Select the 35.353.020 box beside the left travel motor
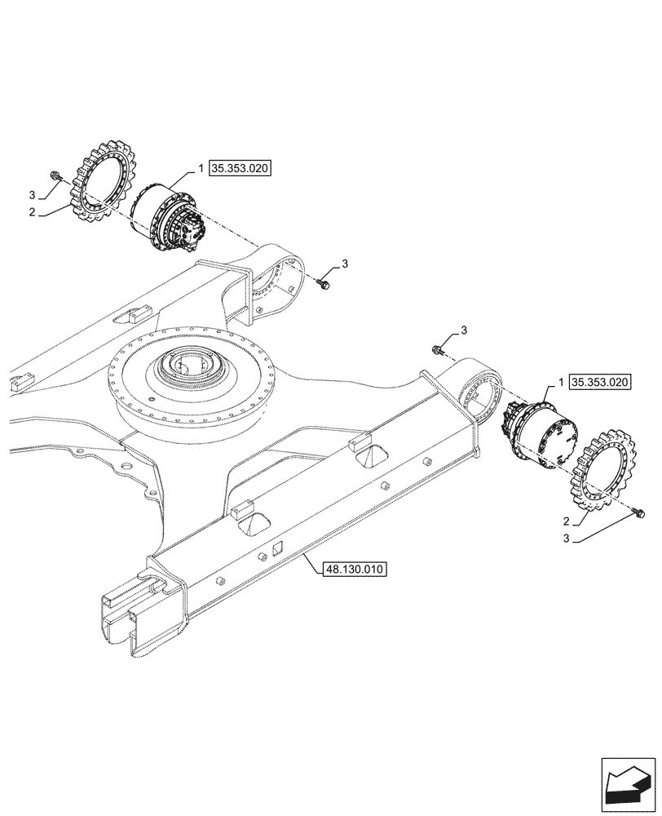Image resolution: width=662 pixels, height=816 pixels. point(240,169)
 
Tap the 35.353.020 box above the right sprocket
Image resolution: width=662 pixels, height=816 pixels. point(600,382)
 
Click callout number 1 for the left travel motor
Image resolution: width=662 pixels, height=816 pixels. point(200,169)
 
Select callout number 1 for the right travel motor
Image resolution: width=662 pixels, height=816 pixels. point(561,382)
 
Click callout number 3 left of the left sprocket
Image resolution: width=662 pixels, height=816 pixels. point(32,196)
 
